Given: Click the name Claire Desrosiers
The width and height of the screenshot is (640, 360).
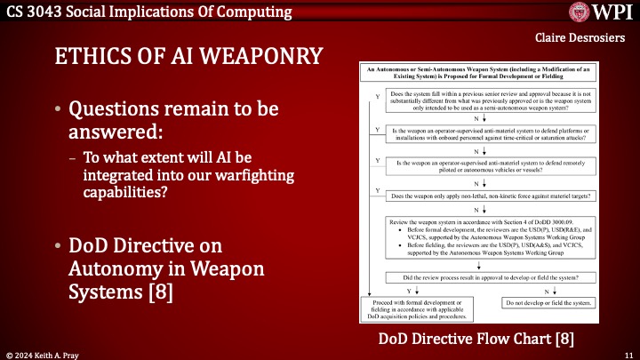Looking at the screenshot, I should pyautogui.click(x=583, y=38).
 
